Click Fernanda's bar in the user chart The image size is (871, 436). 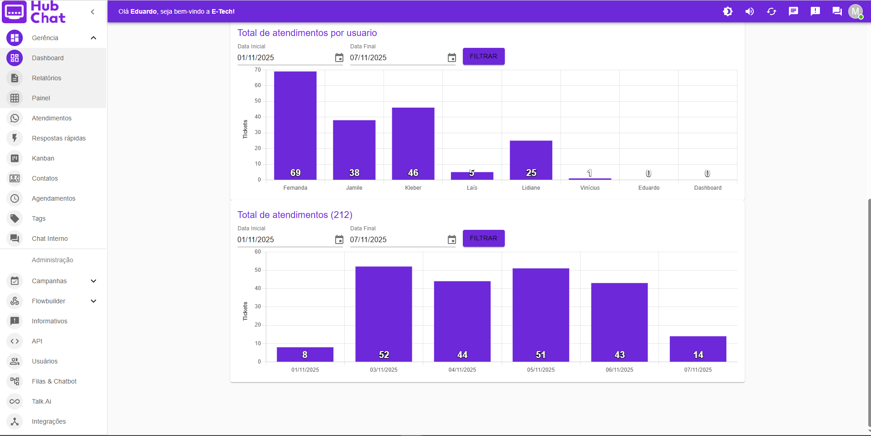295,125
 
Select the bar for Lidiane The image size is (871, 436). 531,160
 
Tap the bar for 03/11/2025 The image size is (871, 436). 384,314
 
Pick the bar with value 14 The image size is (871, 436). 698,349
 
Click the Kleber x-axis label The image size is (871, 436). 413,188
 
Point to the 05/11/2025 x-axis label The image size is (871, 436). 541,370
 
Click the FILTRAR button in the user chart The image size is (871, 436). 483,56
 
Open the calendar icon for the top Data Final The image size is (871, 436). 451,58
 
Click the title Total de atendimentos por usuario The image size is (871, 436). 307,33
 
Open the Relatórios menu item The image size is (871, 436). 47,78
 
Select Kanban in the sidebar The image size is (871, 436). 43,158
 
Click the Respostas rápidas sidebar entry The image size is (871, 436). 58,138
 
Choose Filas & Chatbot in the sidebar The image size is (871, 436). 54,381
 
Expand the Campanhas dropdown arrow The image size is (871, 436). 93,281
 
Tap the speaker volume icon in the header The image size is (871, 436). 749,11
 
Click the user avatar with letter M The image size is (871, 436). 855,11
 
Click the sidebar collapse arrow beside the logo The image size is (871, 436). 93,12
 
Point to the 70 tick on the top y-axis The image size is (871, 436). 258,70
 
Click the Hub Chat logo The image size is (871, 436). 34,12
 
